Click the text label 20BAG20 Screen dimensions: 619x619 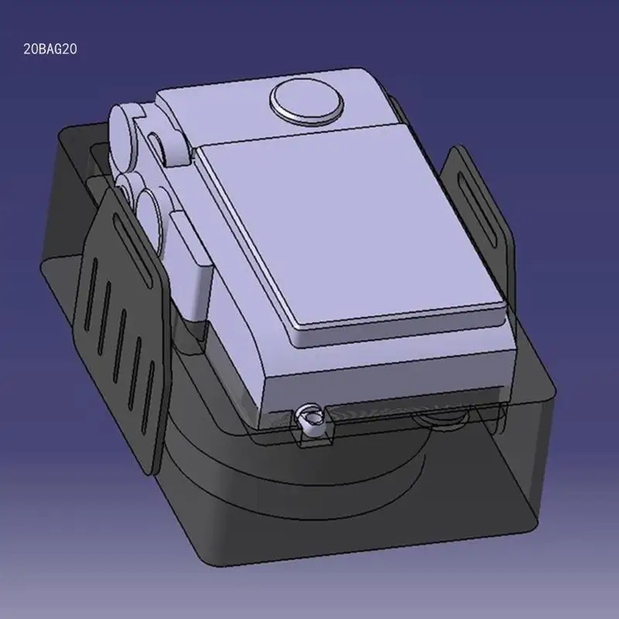(x=50, y=49)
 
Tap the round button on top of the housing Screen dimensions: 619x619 (x=306, y=101)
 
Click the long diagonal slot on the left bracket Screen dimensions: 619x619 (x=132, y=249)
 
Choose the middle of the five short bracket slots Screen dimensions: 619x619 (x=120, y=346)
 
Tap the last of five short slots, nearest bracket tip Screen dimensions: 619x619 (x=148, y=398)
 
